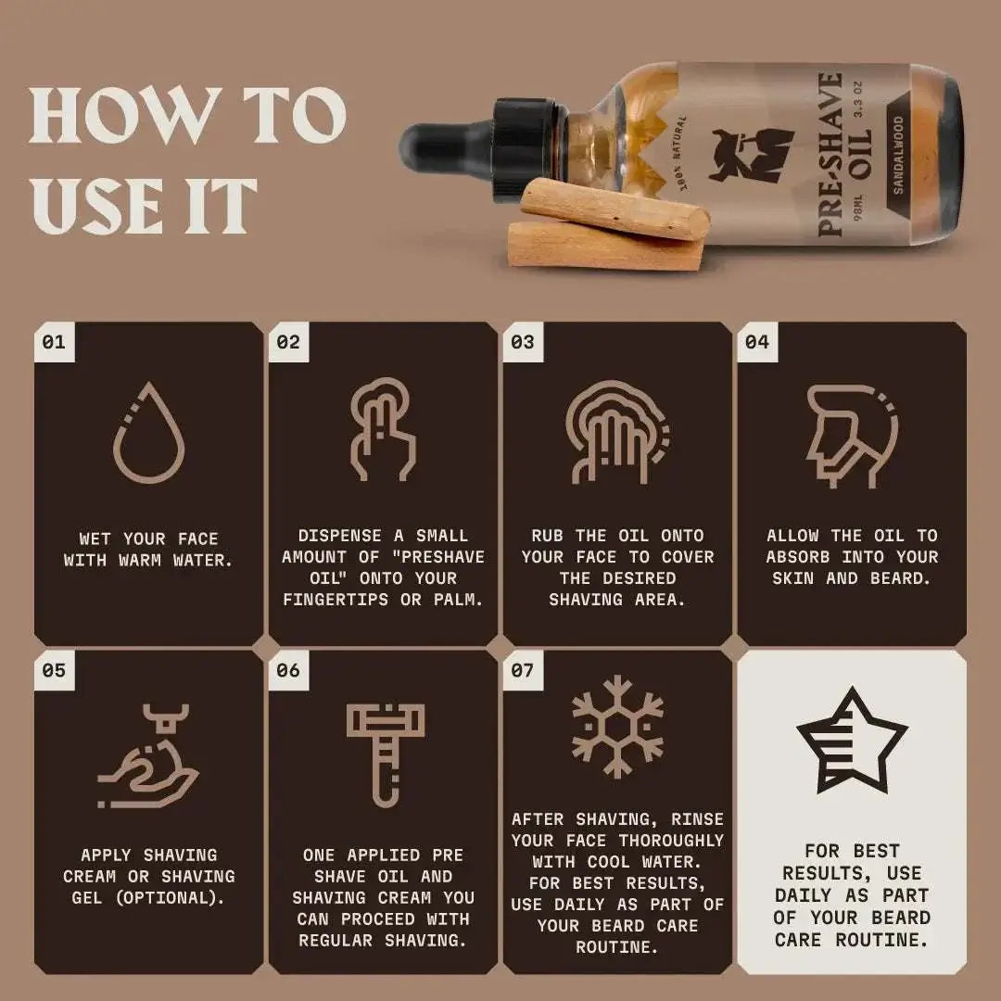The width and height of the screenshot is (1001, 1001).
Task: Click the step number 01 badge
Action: tap(54, 342)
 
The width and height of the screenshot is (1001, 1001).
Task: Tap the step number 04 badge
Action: tap(756, 342)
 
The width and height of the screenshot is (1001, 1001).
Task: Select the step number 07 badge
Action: tap(522, 669)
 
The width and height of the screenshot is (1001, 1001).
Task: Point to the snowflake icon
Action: tap(617, 726)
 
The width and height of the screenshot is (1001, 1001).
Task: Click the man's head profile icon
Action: tap(850, 435)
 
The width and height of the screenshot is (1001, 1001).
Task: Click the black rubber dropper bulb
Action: tap(437, 149)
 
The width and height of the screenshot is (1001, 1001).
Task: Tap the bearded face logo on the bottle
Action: tap(751, 154)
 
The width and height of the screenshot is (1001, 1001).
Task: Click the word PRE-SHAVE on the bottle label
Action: tap(830, 154)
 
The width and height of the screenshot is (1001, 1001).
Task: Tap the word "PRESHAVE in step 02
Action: tap(437, 557)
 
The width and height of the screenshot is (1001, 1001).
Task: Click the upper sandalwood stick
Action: tap(614, 209)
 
